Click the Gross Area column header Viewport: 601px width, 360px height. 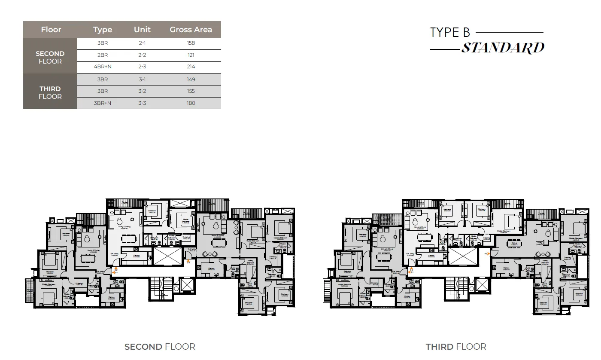[191, 30]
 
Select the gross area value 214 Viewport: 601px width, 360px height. [191, 67]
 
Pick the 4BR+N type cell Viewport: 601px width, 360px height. [103, 67]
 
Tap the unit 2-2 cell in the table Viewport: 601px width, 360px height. [142, 55]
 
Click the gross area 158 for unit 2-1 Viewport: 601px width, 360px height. [191, 43]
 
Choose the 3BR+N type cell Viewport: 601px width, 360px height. [103, 103]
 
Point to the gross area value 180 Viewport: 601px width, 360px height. [191, 103]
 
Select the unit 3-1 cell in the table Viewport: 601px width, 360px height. [142, 79]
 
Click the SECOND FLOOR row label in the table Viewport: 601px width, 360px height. [50, 58]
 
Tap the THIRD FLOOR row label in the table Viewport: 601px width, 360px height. [50, 93]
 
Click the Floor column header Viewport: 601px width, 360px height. [51, 30]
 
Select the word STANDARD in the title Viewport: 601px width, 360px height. [503, 48]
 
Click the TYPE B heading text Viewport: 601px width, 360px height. [450, 33]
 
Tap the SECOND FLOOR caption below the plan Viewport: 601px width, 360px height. [160, 347]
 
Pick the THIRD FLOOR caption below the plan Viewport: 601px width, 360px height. [456, 347]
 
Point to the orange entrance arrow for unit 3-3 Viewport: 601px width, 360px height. [486, 254]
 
